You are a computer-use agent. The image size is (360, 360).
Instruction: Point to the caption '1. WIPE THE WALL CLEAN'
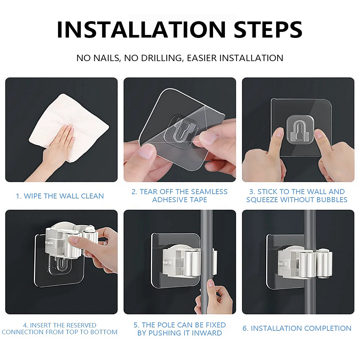point(60,196)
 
